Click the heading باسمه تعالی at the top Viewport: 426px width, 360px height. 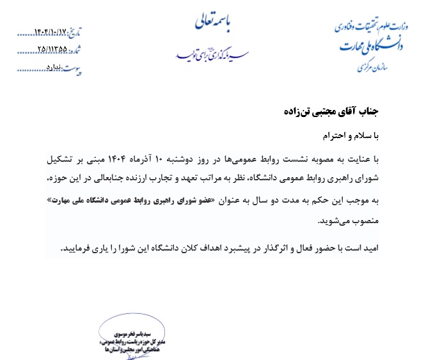tap(216, 24)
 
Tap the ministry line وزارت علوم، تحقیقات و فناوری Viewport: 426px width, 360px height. tap(370, 26)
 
